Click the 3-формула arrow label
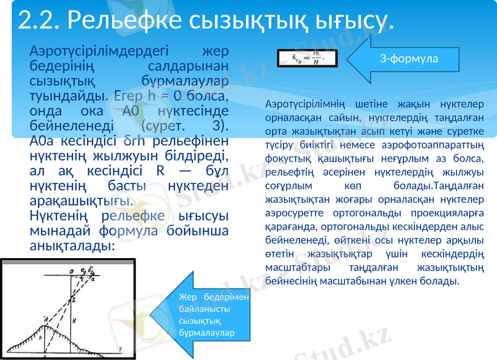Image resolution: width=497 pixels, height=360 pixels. [409, 58]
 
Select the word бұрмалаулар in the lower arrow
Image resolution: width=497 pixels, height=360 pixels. [206, 333]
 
